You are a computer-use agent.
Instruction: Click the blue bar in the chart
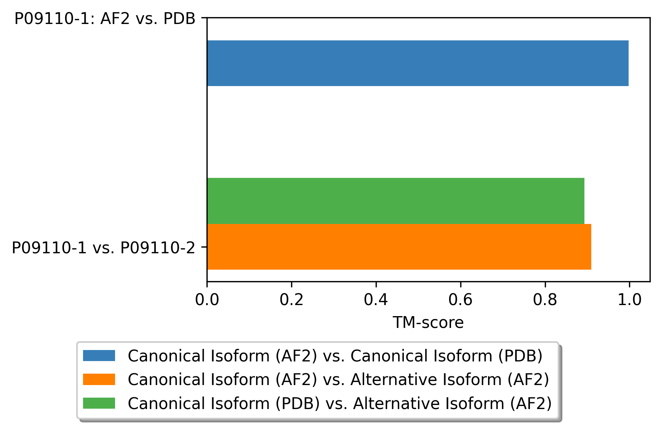(x=418, y=63)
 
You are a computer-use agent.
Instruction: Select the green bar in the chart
(x=396, y=201)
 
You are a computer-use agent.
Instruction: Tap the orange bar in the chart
(x=399, y=247)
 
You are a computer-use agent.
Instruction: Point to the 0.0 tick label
(x=207, y=300)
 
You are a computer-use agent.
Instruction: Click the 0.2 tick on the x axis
(x=291, y=300)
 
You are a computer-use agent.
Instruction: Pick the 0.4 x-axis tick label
(x=376, y=300)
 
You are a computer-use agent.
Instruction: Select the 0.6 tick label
(x=461, y=300)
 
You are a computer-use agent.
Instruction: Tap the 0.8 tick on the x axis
(x=545, y=300)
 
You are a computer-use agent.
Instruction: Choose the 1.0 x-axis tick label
(x=629, y=300)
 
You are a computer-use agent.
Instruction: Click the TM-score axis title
(x=428, y=323)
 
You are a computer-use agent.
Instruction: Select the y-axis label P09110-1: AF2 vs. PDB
(x=105, y=19)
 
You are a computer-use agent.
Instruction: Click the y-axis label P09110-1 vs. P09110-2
(x=104, y=248)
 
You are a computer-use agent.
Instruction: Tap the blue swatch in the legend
(x=99, y=356)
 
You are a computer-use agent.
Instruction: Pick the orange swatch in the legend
(x=99, y=379)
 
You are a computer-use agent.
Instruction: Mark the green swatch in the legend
(x=99, y=403)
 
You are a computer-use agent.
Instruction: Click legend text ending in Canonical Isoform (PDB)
(x=335, y=356)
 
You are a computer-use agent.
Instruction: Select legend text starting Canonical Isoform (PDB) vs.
(x=340, y=403)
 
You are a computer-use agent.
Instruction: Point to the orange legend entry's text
(x=338, y=380)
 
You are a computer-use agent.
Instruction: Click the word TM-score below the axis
(x=428, y=323)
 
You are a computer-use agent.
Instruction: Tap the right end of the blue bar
(x=629, y=63)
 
